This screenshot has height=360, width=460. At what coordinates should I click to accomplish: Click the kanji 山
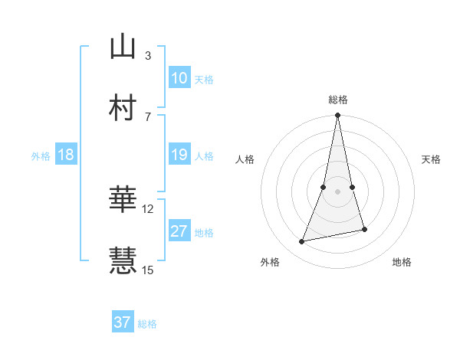point(123,47)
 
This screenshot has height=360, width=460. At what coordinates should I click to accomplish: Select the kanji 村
point(123,107)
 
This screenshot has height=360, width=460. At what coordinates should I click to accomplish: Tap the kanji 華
point(123,200)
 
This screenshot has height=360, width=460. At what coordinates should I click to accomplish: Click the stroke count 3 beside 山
point(147,55)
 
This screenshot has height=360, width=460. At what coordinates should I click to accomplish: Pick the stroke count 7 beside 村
point(147,116)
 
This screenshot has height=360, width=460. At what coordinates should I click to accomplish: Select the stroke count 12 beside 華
point(148,208)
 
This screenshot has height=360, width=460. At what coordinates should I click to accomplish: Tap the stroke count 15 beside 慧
point(148,270)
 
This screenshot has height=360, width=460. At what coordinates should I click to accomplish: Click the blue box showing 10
point(179,78)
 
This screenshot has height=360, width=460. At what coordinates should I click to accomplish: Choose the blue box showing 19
point(179,155)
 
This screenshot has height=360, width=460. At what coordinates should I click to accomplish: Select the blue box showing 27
point(179,231)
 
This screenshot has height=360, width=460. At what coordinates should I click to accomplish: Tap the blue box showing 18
point(66,155)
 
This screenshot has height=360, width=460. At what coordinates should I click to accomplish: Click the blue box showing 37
point(123,322)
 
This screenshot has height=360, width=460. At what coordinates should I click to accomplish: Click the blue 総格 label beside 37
point(147,324)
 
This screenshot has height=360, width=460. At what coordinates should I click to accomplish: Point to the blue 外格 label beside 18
point(41,156)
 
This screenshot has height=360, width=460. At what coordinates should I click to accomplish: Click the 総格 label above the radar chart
point(338,100)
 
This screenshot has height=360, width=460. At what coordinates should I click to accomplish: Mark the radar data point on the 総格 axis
point(338,116)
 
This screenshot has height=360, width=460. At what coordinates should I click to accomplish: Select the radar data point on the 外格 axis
point(302,242)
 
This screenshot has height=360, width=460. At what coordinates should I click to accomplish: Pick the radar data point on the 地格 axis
point(365,229)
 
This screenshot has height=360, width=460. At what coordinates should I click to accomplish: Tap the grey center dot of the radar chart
point(338,191)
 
